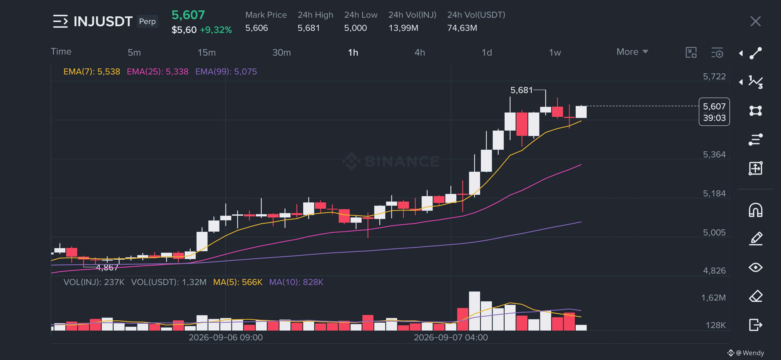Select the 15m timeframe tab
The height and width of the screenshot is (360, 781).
207,53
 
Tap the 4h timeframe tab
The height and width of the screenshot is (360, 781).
420,53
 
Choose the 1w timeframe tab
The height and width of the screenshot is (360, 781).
555,53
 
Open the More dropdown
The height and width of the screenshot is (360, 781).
632,52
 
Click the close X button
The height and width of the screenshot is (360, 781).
755,22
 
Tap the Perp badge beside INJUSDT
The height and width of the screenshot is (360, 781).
147,21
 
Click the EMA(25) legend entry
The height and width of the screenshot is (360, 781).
158,72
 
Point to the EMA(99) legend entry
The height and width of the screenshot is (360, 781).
226,72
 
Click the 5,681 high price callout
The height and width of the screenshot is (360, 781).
521,90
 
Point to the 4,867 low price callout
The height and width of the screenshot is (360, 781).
107,268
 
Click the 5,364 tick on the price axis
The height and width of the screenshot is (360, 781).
714,155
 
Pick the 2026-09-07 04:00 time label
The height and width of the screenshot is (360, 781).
451,338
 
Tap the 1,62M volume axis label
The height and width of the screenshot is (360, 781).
714,298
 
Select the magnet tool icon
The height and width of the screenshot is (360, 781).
755,210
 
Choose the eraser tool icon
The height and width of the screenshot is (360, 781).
755,296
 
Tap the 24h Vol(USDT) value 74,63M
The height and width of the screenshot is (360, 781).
462,28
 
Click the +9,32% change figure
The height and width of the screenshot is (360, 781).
216,30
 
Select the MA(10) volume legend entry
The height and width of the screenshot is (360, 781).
296,282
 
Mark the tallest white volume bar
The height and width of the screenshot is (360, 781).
474,311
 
